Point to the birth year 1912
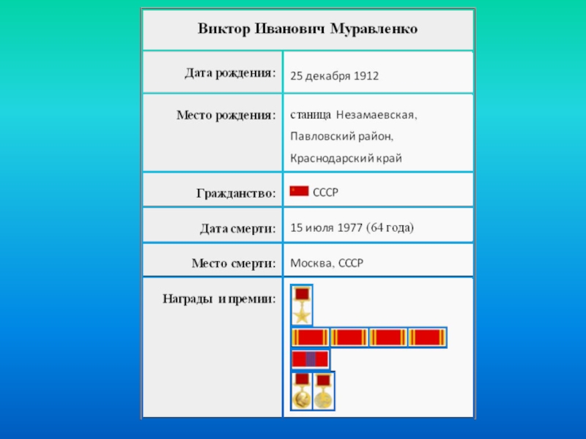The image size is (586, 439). point(366,75)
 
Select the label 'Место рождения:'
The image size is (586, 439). point(226,115)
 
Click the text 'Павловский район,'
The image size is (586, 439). point(341,136)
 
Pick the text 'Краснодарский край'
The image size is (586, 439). point(346,157)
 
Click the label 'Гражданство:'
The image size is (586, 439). point(236,193)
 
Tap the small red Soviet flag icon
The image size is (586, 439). point(299,191)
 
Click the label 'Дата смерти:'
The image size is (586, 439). point(238,229)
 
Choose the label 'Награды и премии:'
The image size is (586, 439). point(219,299)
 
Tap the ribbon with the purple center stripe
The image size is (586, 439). point(311,359)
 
